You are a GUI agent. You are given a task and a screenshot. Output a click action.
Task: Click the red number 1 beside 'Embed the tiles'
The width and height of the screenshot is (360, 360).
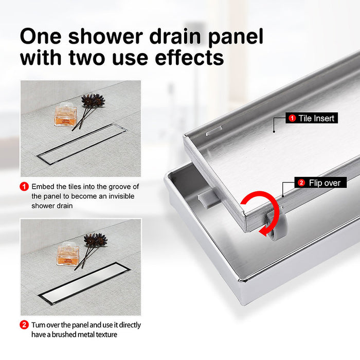tap(24, 187)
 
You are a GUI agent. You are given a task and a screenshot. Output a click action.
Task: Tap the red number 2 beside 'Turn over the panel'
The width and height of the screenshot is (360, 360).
tap(24, 325)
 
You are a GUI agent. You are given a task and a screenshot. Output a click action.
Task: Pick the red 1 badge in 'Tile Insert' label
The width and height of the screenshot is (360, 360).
tap(292, 118)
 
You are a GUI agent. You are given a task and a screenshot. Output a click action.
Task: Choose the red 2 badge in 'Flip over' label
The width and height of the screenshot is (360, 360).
tap(301, 183)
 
